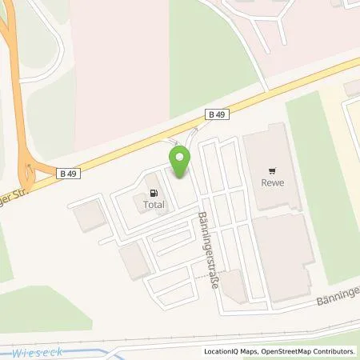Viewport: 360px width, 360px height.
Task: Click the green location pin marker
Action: coord(179,162)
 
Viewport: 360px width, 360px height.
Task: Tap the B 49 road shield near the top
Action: coord(217,115)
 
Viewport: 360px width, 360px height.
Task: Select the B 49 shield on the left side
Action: coord(68,171)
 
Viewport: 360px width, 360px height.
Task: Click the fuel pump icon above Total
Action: coord(153,192)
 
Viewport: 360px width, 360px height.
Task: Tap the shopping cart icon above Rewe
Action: coord(274,170)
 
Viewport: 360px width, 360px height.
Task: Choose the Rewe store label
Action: coord(274,182)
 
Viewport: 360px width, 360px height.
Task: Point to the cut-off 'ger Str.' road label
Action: coord(17,192)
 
